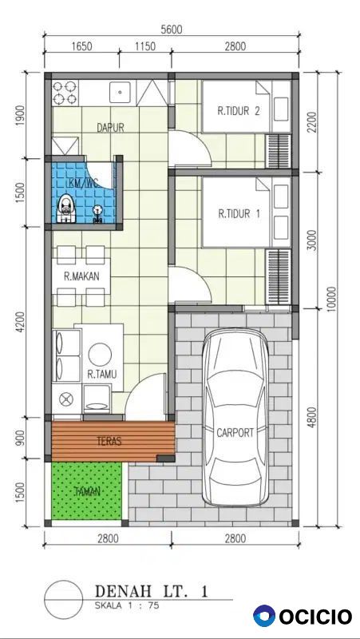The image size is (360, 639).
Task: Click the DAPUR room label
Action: click(110, 128)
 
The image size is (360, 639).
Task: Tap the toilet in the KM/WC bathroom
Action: click(66, 208)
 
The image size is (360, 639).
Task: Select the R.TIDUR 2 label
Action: click(239, 111)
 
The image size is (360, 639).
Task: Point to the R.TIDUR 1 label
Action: click(239, 213)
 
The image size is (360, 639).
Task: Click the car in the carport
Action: click(235, 417)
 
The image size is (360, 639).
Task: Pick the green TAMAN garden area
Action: click(87, 490)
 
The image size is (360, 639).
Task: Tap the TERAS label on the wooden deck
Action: click(109, 441)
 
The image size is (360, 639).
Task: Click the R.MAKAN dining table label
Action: click(81, 276)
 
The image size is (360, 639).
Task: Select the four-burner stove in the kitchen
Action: click(65, 93)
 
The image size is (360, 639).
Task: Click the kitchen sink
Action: click(120, 92)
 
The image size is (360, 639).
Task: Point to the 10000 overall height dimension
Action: click(332, 299)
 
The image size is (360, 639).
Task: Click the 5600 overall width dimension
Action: click(171, 30)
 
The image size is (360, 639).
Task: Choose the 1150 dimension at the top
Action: click(145, 46)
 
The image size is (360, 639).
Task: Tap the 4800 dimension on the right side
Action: click(312, 416)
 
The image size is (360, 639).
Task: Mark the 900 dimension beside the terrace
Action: click(22, 438)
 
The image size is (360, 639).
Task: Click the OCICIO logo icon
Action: click(264, 616)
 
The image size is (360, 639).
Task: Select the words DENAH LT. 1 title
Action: click(151, 591)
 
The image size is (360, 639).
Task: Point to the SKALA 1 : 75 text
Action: click(127, 605)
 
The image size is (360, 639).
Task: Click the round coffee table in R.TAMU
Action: click(100, 355)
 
